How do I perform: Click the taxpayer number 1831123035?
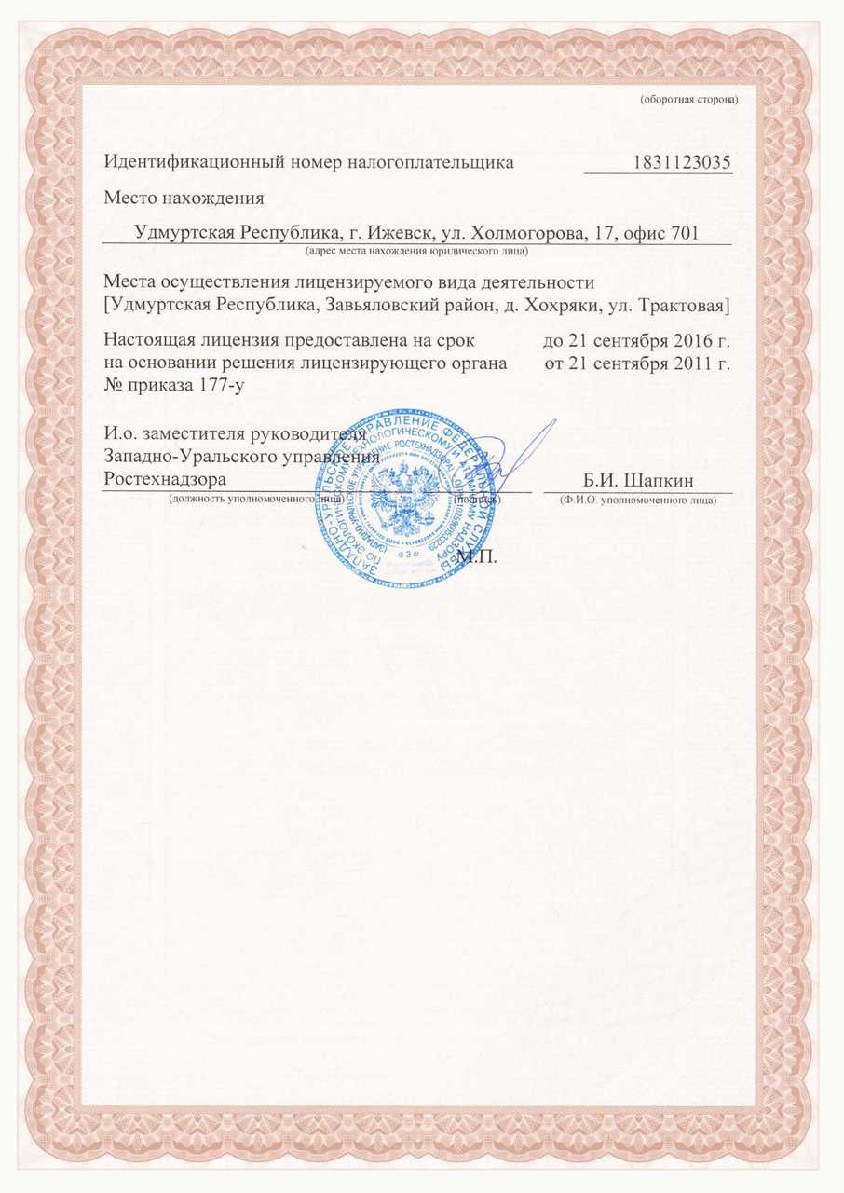[x=681, y=162]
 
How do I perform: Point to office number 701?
[x=684, y=232]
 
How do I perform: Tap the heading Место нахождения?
[x=184, y=198]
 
